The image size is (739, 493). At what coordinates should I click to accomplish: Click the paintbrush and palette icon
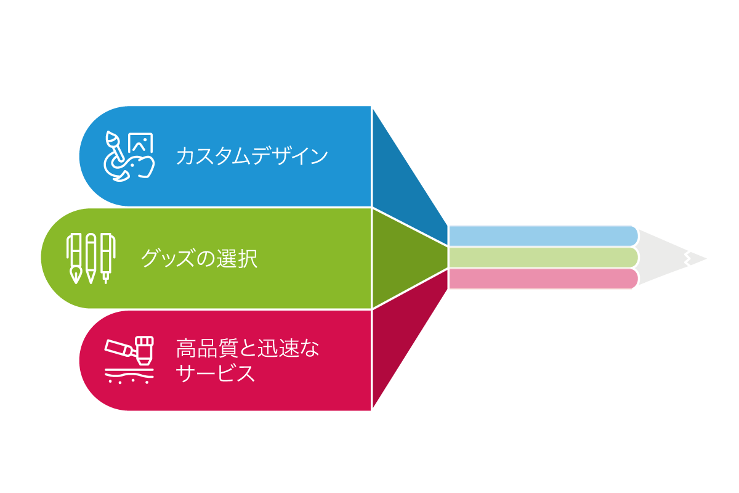tap(128, 156)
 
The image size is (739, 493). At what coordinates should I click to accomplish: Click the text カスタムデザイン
tap(251, 156)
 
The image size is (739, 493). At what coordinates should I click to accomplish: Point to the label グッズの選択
tap(199, 258)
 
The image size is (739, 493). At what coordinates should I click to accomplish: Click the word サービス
tap(215, 373)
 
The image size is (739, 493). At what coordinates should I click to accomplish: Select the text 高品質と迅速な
tap(248, 349)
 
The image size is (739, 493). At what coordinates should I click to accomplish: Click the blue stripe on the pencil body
tap(542, 235)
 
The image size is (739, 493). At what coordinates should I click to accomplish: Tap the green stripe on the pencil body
tap(542, 258)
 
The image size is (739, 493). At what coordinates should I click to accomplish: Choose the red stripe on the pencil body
tap(542, 279)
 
